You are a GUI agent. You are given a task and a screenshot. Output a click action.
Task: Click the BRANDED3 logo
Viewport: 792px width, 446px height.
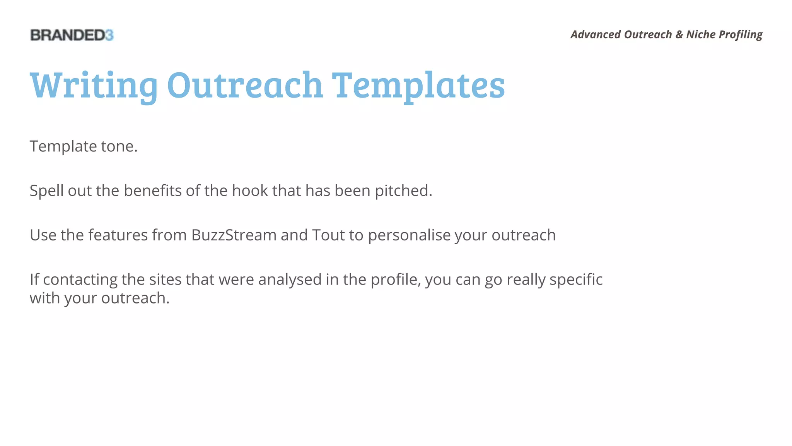coord(72,35)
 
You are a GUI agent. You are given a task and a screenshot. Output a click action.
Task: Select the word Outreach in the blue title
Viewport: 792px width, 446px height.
coord(245,85)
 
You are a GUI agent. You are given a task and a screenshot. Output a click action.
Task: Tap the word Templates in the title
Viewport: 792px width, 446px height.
coord(418,86)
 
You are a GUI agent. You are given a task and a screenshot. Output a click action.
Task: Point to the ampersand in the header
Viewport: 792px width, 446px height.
coord(679,34)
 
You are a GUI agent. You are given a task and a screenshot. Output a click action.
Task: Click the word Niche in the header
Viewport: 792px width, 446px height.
coord(701,34)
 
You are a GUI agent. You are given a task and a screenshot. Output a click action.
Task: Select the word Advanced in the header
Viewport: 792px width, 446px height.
coord(596,34)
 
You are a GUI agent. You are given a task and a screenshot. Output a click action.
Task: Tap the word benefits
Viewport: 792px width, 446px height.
coord(152,190)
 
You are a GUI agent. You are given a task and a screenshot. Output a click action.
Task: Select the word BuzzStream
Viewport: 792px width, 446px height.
coord(234,235)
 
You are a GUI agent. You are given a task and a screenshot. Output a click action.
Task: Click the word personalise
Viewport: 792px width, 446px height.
coord(409,235)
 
